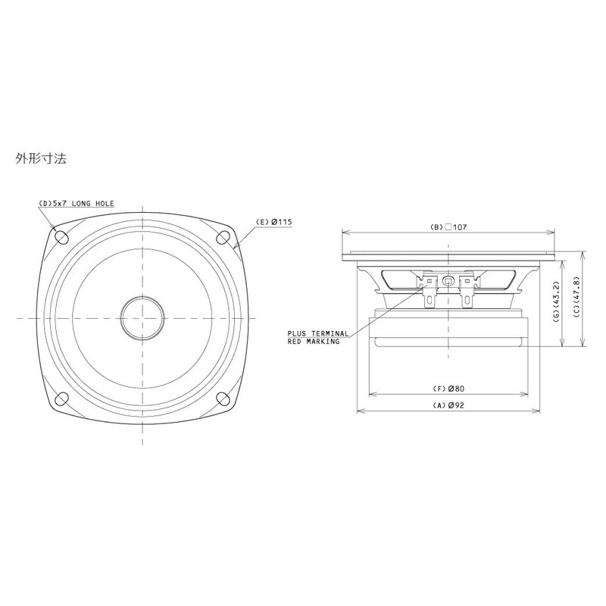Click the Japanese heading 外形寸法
(x=42, y=160)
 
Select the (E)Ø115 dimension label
(x=274, y=221)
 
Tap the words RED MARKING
(x=313, y=342)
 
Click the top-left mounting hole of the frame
(x=62, y=236)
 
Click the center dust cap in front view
(x=142, y=317)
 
